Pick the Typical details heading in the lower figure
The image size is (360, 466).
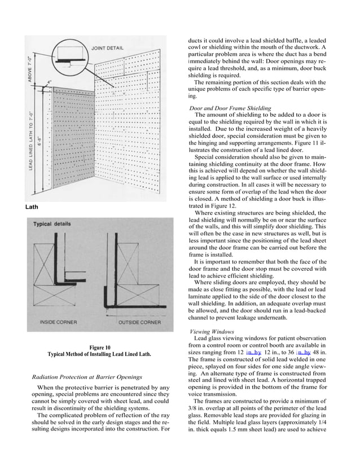point(52,224)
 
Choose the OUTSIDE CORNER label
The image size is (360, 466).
point(139,322)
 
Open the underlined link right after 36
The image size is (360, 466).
point(298,352)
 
